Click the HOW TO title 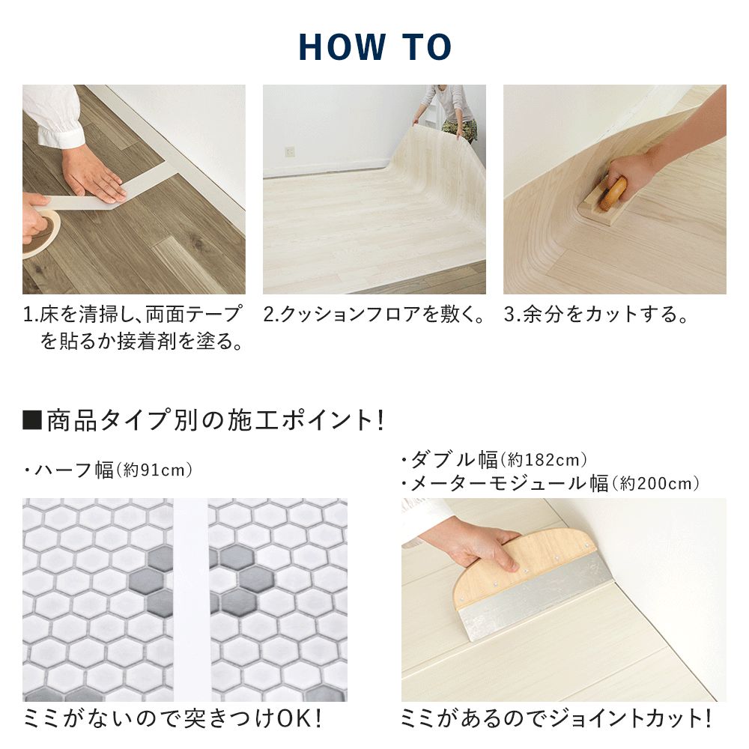click(x=374, y=46)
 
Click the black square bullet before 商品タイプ click(x=31, y=419)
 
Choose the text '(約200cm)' click(x=655, y=484)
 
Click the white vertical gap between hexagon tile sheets click(x=191, y=599)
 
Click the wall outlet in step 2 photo click(x=290, y=151)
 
